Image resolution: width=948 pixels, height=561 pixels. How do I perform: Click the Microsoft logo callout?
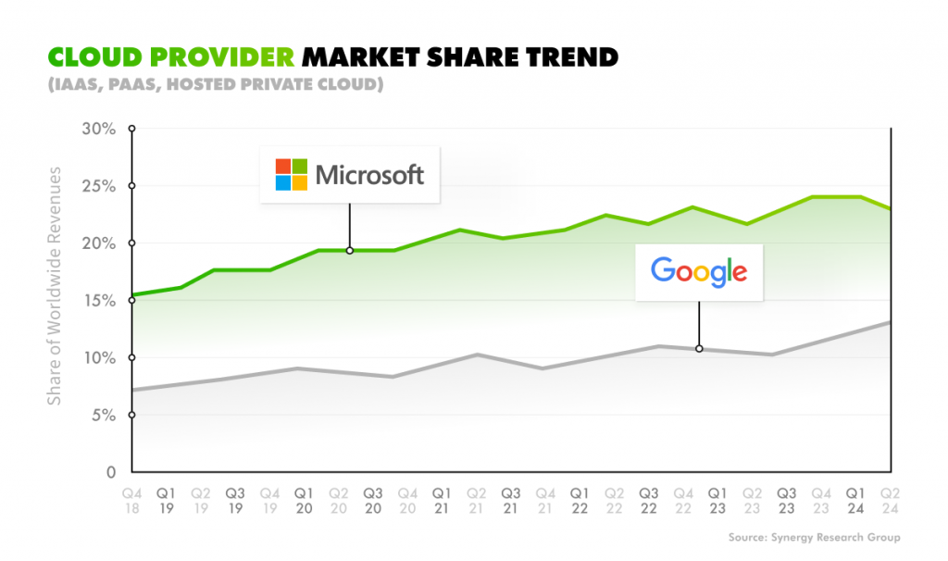[350, 174]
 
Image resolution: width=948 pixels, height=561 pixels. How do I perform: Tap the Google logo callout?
[699, 271]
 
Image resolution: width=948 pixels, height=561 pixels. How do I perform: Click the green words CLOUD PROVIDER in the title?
[171, 57]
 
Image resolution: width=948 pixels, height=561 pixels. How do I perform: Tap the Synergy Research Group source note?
[814, 538]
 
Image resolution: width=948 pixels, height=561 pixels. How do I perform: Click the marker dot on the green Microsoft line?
[349, 250]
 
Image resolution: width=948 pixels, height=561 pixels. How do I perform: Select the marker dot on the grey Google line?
[699, 349]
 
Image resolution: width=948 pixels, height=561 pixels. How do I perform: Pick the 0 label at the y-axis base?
[109, 472]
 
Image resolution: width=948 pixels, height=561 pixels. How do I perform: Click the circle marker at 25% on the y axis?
[132, 186]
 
